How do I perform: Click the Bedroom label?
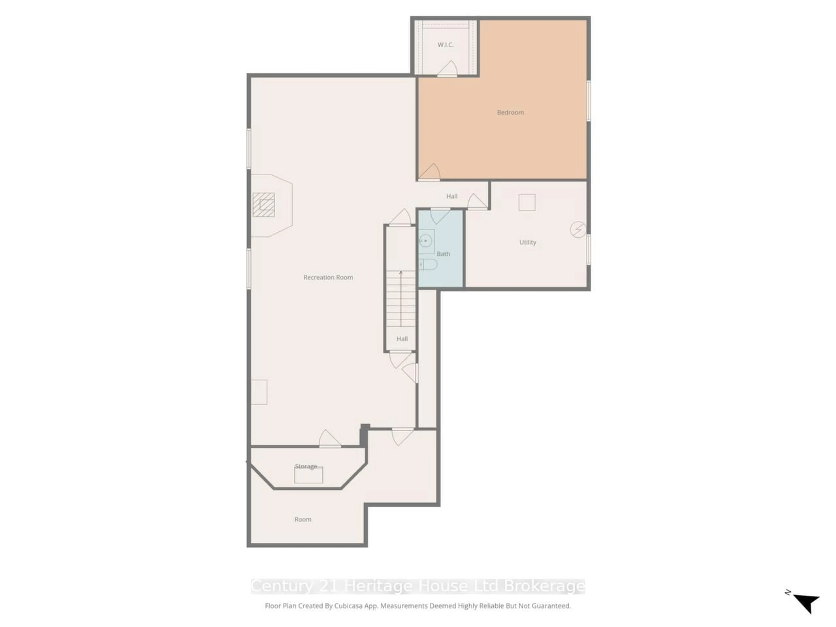[x=510, y=112]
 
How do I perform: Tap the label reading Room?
[x=303, y=519]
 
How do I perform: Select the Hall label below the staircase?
[x=402, y=338]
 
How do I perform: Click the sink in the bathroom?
[x=426, y=241]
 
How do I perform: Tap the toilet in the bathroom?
[x=429, y=264]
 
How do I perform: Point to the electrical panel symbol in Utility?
[x=578, y=229]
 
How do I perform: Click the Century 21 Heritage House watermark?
[x=418, y=586]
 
